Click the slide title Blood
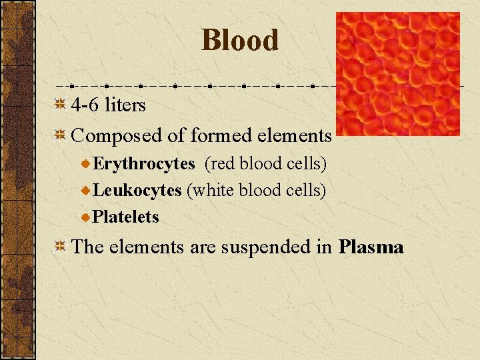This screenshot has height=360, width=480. (240, 40)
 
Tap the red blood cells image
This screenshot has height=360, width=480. (397, 73)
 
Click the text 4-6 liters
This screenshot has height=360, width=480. (108, 105)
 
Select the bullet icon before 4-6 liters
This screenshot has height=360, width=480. (59, 105)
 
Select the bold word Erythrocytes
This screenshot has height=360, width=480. (144, 164)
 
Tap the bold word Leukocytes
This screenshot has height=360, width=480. (137, 191)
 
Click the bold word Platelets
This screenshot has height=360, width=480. (126, 217)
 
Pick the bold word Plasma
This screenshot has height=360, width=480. (371, 247)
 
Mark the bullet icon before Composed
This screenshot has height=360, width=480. (59, 135)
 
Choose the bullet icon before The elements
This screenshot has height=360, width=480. (59, 247)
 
